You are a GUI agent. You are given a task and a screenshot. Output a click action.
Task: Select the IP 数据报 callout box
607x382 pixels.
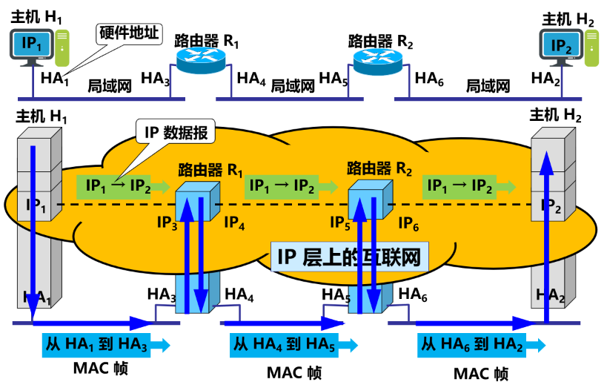(176, 133)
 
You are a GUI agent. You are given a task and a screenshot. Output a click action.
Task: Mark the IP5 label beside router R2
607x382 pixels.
(342, 222)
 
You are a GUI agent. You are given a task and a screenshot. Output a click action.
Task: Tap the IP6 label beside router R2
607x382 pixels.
(410, 222)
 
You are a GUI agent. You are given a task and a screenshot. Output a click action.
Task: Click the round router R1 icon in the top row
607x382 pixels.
(201, 58)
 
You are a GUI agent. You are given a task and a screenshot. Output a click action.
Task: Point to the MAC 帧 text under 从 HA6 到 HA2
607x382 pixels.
(477, 371)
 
